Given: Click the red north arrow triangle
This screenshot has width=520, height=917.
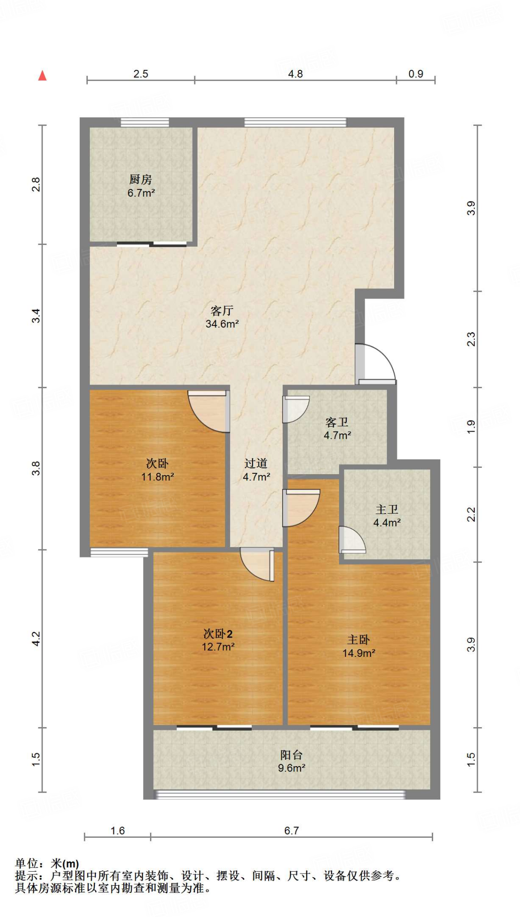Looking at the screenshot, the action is (43, 76).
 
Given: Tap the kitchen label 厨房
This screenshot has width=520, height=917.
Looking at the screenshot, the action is (141, 180).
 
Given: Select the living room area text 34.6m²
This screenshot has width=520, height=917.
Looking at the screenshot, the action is (222, 324).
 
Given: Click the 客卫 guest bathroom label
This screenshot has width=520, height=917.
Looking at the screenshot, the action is (337, 422).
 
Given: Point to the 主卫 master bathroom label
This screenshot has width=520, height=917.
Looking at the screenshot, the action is (387, 510).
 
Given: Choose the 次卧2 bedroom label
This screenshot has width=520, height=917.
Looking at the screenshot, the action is (218, 634).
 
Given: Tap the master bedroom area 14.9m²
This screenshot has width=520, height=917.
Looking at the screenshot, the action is (359, 653).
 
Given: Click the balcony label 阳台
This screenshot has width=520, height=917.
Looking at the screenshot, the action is (292, 755).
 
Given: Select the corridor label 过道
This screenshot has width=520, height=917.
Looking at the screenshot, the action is (256, 463).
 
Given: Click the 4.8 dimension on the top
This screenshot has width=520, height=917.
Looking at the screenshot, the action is (295, 74).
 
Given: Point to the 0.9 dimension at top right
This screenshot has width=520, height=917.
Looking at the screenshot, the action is (416, 74).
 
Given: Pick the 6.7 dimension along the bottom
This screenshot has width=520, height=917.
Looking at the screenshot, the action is (291, 831).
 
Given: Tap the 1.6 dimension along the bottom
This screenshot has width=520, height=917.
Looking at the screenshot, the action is (117, 831).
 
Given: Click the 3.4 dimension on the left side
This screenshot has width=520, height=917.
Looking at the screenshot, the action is (36, 316).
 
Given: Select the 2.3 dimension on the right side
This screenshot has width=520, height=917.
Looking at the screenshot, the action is (471, 339).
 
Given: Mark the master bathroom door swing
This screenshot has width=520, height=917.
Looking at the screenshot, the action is (352, 540).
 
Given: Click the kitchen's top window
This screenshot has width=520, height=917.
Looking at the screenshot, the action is (145, 122).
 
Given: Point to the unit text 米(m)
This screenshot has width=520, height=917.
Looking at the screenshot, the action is (65, 864).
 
